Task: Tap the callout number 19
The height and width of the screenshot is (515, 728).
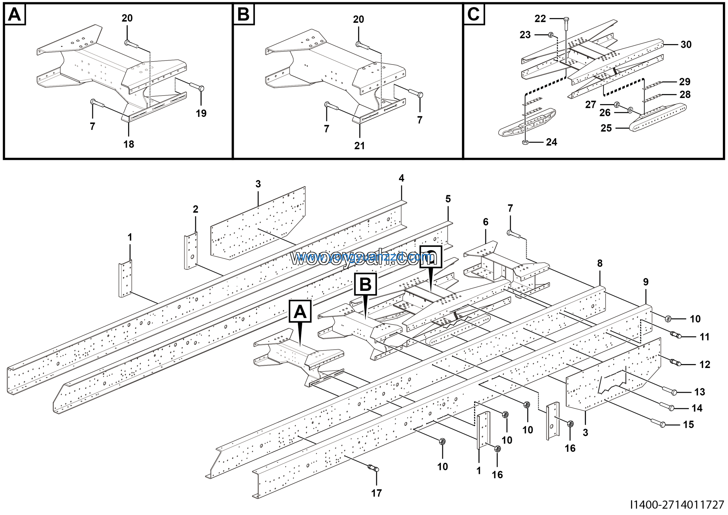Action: tap(201, 113)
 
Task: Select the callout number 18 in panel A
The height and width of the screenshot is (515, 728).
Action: tap(129, 144)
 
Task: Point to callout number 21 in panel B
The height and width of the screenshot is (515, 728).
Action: tap(359, 146)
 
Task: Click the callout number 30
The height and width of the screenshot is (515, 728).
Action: tap(686, 44)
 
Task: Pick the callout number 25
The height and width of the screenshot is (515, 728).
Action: tap(606, 128)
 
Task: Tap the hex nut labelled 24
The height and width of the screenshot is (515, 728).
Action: tap(525, 142)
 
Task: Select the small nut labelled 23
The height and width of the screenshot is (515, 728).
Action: tap(551, 34)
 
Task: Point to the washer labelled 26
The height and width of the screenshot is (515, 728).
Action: tap(630, 110)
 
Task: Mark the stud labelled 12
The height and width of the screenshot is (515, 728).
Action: tap(675, 362)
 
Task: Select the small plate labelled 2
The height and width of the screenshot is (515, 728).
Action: tap(191, 251)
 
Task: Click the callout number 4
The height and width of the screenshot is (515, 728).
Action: tap(402, 178)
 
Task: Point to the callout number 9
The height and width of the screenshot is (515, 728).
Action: tap(646, 282)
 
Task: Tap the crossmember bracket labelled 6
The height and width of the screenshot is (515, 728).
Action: tap(507, 267)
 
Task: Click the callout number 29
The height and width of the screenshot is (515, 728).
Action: tap(685, 82)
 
